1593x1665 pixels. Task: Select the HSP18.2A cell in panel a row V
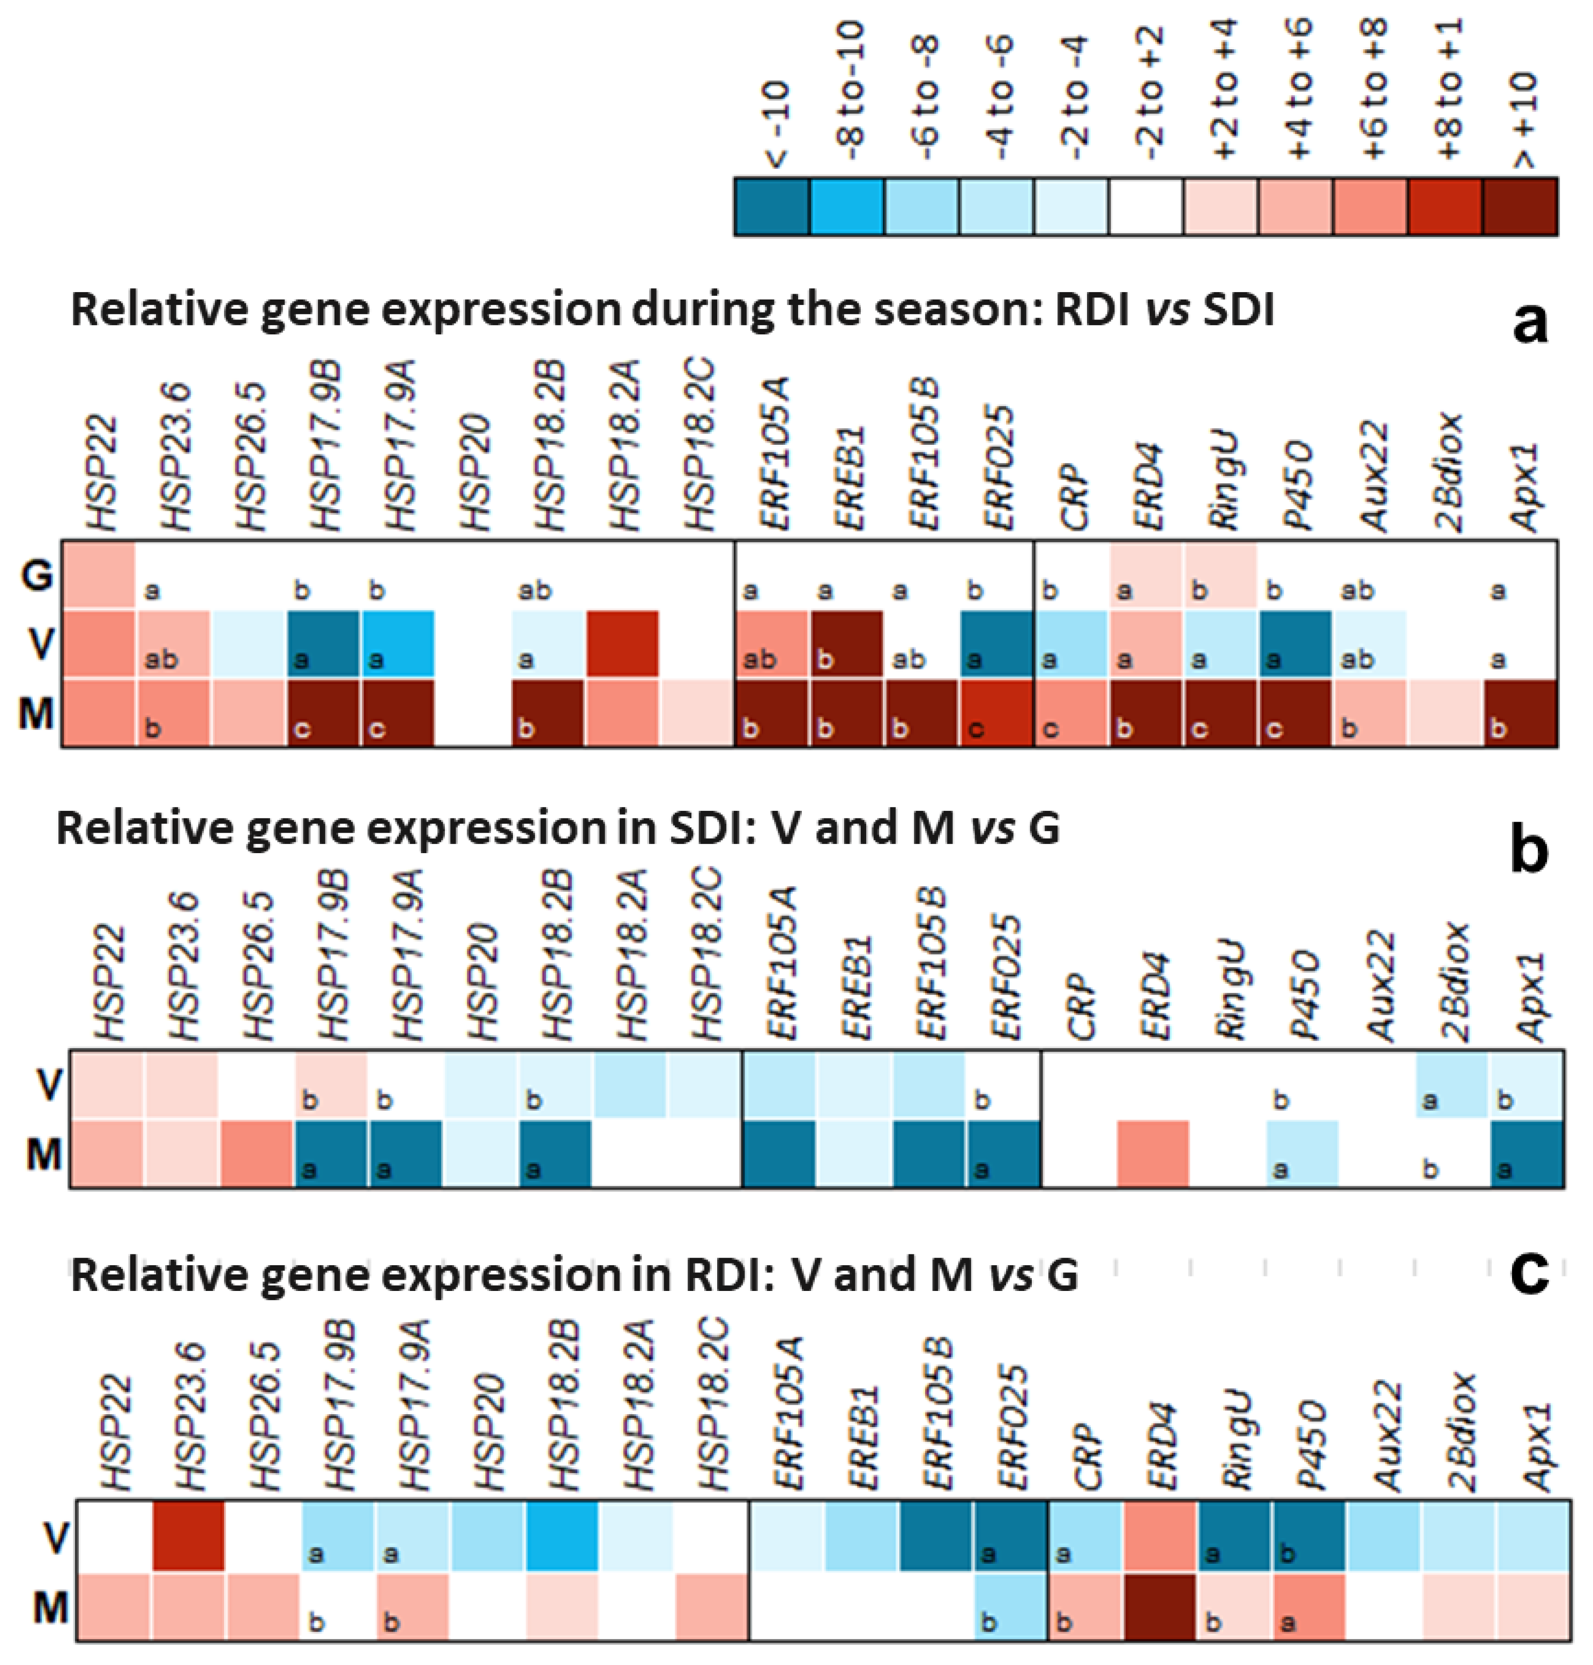(x=622, y=644)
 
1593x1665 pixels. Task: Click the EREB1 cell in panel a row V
(x=846, y=644)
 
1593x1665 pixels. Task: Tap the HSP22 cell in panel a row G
(x=98, y=575)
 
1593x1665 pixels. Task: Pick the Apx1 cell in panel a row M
(x=1520, y=713)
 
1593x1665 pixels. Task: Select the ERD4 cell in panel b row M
(x=1153, y=1153)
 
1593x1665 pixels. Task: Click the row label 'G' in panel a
(x=36, y=576)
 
